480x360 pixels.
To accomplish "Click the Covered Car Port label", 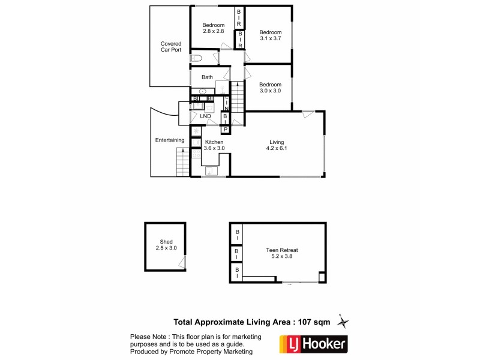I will pyautogui.click(x=170, y=47).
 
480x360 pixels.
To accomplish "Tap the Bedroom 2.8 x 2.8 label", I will pyautogui.click(x=213, y=29).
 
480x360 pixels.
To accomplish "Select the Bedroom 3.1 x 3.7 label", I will pyautogui.click(x=270, y=35).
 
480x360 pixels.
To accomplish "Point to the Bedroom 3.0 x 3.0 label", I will pyautogui.click(x=270, y=88).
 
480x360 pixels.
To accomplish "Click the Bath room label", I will pyautogui.click(x=207, y=77).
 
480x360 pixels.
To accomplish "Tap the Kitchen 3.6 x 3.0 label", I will pyautogui.click(x=214, y=145).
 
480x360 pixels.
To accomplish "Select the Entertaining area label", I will pyautogui.click(x=170, y=140).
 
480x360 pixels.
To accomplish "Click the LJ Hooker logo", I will pyautogui.click(x=311, y=345).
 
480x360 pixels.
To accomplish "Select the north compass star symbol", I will pyautogui.click(x=343, y=322).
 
